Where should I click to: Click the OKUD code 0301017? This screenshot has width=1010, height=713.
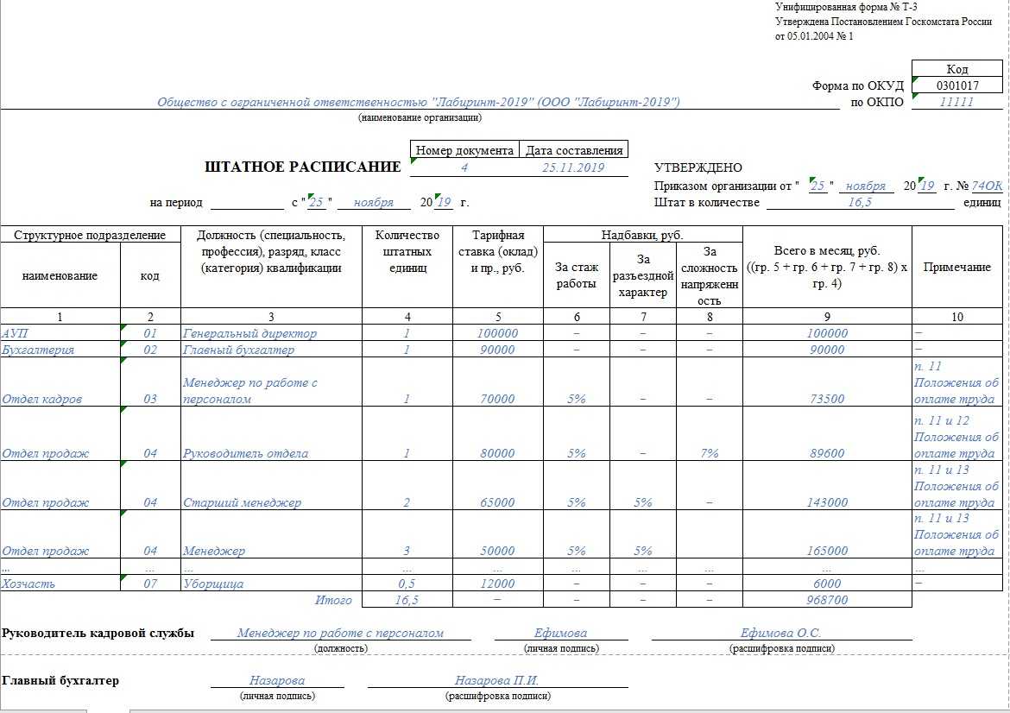click(957, 85)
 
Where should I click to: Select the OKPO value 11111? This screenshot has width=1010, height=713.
click(956, 102)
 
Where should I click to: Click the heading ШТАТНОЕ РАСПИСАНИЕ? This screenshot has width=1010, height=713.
click(303, 167)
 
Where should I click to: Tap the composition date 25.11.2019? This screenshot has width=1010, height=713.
click(572, 167)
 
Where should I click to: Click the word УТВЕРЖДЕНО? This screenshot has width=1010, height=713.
click(698, 167)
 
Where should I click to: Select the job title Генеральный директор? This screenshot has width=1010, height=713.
click(249, 333)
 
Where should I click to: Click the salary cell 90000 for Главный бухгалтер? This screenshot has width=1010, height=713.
click(497, 350)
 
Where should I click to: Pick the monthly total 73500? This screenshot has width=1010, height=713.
click(827, 399)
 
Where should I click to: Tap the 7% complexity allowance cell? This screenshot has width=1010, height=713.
click(710, 453)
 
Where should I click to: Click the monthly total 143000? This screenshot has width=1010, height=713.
click(827, 502)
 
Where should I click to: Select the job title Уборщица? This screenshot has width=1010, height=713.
click(213, 584)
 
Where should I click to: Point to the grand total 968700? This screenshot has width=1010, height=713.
click(827, 600)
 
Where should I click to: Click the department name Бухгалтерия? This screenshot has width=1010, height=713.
click(38, 350)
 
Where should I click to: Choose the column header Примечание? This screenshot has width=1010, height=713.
click(957, 268)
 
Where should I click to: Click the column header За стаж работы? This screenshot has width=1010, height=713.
click(577, 275)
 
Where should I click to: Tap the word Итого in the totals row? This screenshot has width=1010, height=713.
click(332, 600)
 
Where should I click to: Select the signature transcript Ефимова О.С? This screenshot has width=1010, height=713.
click(780, 633)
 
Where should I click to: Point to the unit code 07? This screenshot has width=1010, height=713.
click(150, 584)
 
